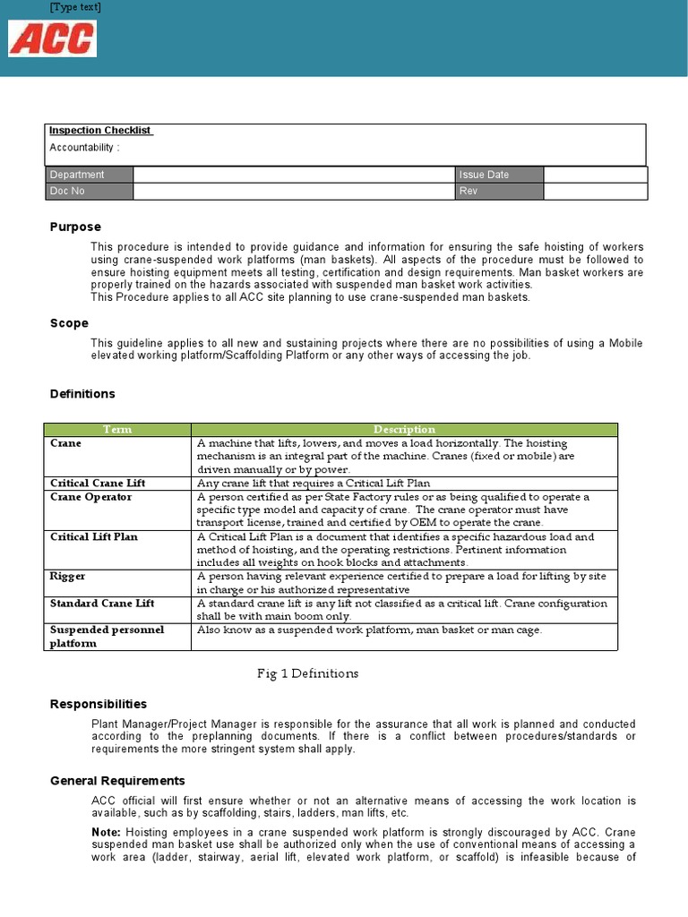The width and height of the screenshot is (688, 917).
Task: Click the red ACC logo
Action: coord(52,39)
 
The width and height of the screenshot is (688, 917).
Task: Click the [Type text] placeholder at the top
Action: coord(75,7)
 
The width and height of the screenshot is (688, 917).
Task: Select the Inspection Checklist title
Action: coord(100,131)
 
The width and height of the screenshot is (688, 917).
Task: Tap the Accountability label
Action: coord(84,147)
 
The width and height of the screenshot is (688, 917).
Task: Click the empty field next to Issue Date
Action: coord(595,175)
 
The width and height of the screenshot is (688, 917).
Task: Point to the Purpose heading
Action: coord(75,227)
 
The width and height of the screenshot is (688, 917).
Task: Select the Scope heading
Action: coord(69,323)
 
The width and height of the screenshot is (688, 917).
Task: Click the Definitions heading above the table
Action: coord(82,393)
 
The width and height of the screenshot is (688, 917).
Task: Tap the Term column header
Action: coord(117,430)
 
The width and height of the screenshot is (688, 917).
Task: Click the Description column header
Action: coord(404,430)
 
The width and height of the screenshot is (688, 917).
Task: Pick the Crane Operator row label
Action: coord(90,497)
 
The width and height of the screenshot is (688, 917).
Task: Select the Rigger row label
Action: coord(68,577)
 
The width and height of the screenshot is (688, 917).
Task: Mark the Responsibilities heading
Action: coord(98,704)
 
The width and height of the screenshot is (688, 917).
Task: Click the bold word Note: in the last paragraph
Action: coord(107,832)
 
